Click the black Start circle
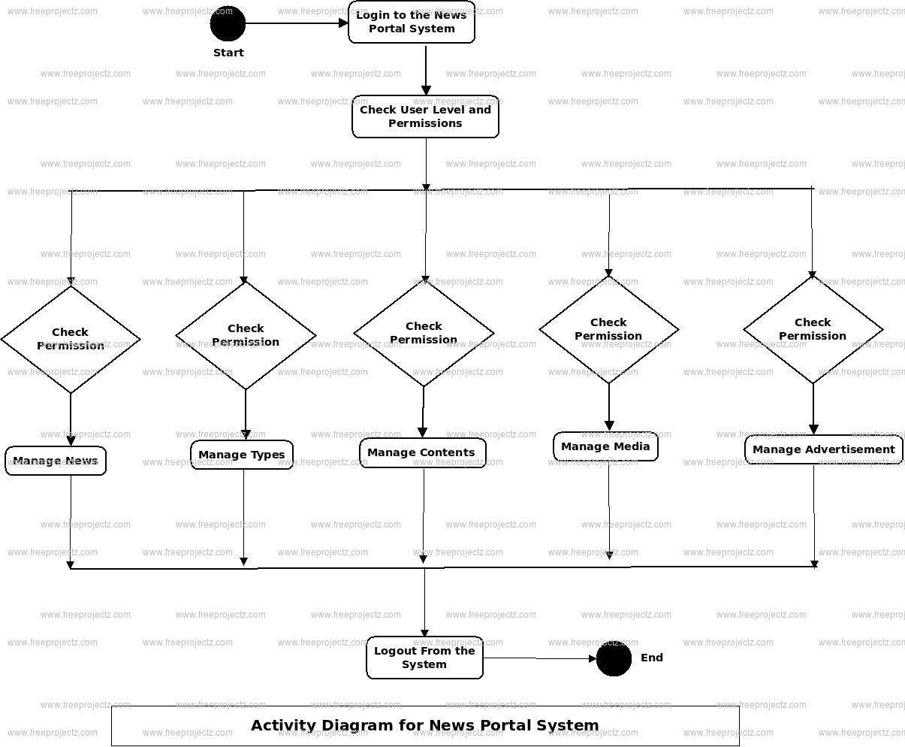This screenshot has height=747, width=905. [x=228, y=23]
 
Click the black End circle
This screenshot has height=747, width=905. [x=614, y=658]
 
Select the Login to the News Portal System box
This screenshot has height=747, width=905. [x=412, y=23]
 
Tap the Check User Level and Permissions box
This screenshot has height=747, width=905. [x=425, y=116]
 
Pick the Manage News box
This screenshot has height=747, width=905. [x=56, y=461]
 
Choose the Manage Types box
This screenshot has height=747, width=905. [x=242, y=455]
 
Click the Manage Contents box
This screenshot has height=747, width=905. [x=422, y=452]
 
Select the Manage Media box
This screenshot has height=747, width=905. [x=605, y=446]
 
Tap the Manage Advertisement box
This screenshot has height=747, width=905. [x=824, y=449]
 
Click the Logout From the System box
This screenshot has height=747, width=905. [x=424, y=658]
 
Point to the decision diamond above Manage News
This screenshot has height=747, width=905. [x=71, y=339]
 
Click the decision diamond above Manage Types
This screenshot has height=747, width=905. [x=246, y=335]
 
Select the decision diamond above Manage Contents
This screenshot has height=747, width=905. [x=424, y=333]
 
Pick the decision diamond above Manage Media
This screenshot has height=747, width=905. [x=609, y=329]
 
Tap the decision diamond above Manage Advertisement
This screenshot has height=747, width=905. [x=813, y=329]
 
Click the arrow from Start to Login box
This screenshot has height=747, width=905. [x=297, y=23]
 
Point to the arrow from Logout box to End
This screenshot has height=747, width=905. [x=539, y=659]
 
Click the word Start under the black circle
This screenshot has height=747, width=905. [x=228, y=53]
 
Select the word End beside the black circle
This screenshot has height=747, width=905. [x=652, y=658]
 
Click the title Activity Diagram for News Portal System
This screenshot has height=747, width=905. [x=425, y=725]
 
